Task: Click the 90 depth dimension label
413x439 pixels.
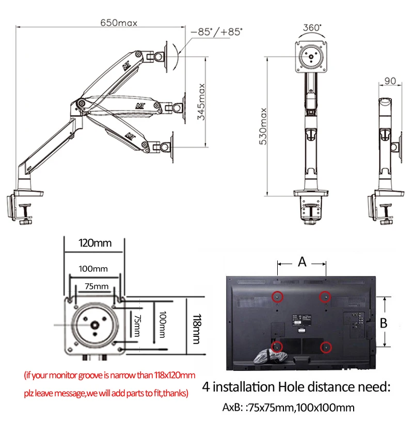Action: click(390, 81)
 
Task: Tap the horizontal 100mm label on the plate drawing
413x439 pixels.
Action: click(93, 269)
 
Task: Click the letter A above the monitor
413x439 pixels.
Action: click(302, 262)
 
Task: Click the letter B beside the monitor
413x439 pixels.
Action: click(383, 323)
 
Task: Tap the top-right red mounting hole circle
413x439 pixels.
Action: click(325, 296)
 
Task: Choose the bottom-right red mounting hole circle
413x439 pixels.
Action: click(326, 347)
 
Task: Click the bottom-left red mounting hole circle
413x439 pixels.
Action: click(277, 347)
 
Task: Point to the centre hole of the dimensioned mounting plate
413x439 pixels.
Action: click(96, 326)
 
